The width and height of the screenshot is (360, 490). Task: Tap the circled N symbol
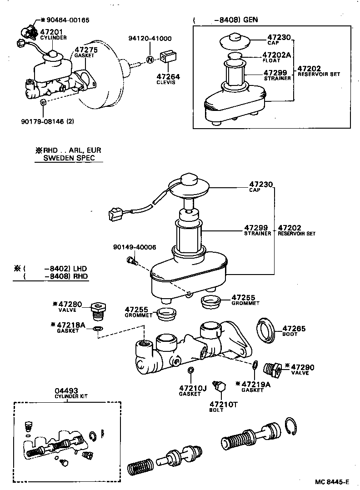150,59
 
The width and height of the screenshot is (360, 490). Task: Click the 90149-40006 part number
135,247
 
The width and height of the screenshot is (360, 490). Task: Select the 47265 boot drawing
267,330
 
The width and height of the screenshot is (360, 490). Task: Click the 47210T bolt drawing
221,387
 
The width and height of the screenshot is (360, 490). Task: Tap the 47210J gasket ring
191,369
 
